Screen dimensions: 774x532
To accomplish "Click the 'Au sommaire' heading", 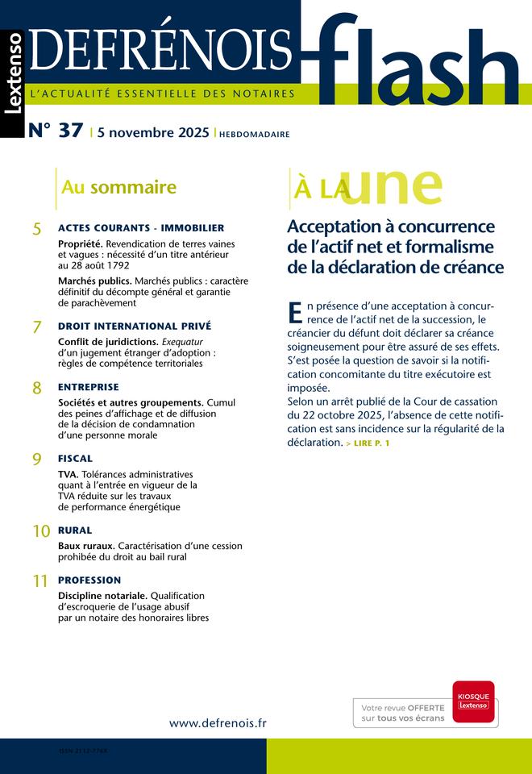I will pyautogui.click(x=118, y=188).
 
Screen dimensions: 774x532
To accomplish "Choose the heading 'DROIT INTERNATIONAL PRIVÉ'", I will pyautogui.click(x=135, y=326).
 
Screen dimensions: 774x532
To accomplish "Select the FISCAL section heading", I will pyautogui.click(x=75, y=457).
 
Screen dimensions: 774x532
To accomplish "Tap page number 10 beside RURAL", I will pyautogui.click(x=41, y=531).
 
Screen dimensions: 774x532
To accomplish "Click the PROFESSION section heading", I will pyautogui.click(x=89, y=580).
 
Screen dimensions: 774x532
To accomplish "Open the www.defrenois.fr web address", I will pyautogui.click(x=218, y=723).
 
